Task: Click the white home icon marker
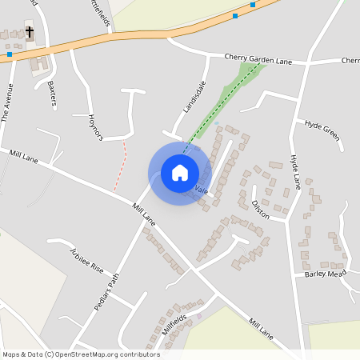pyautogui.click(x=180, y=173)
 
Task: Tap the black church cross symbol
pyautogui.click(x=30, y=33)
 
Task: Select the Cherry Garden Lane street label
pyautogui.click(x=258, y=59)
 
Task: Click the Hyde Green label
pyautogui.click(x=322, y=130)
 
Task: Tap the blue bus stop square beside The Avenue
pyautogui.click(x=10, y=54)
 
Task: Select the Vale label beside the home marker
pyautogui.click(x=201, y=191)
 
